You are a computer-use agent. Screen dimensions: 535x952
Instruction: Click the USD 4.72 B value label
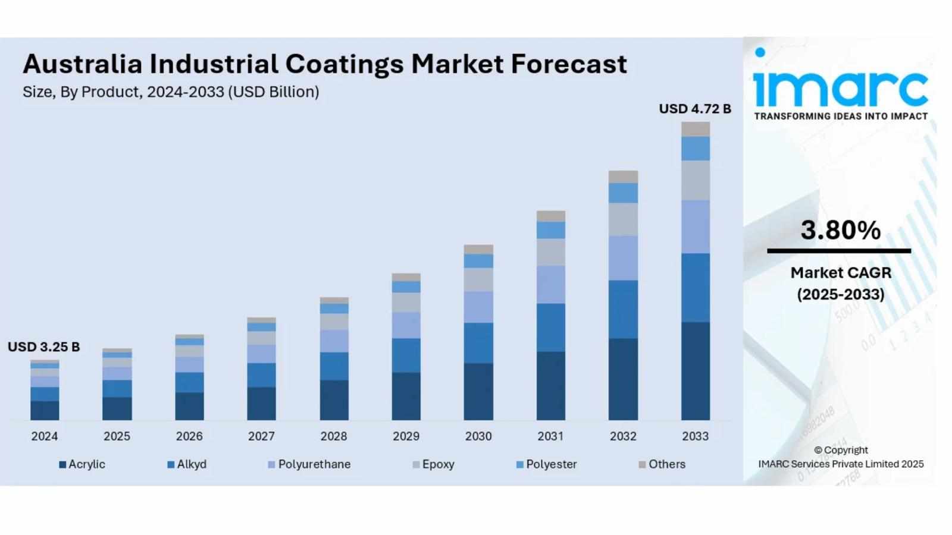[694, 109]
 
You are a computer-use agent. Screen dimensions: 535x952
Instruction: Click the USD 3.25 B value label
[43, 347]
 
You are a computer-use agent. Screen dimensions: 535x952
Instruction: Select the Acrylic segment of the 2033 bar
[695, 371]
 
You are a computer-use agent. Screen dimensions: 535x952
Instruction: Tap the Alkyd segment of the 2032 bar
[623, 309]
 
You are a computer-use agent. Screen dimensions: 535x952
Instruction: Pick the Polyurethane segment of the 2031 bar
[550, 284]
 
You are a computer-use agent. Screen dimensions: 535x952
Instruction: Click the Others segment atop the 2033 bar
[695, 129]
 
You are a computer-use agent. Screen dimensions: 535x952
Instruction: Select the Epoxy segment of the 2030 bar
[478, 279]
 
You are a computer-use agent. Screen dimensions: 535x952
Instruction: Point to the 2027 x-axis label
[261, 436]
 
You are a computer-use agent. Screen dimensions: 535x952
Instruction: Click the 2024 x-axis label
[45, 436]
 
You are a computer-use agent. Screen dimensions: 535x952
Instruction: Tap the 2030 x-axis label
[478, 436]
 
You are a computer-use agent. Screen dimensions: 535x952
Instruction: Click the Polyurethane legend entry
[314, 464]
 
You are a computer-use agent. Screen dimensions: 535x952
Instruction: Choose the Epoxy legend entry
[438, 464]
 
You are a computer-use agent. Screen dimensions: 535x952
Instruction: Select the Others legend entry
[666, 464]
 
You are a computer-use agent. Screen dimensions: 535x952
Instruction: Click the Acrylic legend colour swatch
[62, 465]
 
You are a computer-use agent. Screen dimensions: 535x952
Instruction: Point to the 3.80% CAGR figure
[840, 230]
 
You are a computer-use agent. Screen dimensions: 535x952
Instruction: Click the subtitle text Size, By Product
[82, 92]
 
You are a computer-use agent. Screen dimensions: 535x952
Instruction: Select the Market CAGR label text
[840, 273]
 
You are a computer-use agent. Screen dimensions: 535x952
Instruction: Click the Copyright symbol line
[840, 450]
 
